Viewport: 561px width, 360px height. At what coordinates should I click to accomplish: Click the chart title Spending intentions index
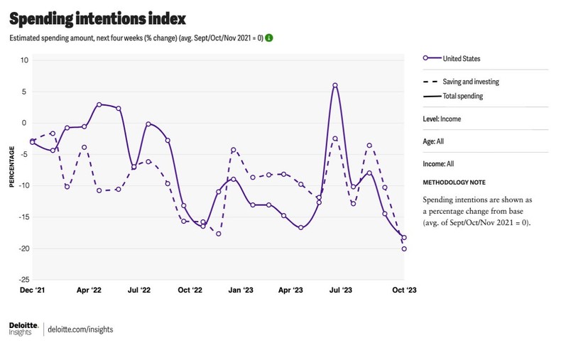click(97, 17)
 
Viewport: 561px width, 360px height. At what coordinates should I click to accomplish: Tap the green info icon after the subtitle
click(269, 38)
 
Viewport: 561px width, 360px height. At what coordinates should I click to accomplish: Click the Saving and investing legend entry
click(470, 82)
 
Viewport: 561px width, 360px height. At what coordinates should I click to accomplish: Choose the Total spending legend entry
click(462, 96)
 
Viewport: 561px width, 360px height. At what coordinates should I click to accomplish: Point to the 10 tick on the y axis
click(23, 60)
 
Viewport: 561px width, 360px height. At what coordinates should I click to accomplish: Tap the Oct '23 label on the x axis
click(404, 290)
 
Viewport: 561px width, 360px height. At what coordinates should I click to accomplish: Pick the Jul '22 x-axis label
click(138, 290)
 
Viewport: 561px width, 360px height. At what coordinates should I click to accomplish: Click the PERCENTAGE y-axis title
click(12, 168)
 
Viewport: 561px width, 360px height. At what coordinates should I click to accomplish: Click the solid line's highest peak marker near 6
click(334, 85)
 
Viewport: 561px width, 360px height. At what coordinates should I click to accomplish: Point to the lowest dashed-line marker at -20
click(404, 249)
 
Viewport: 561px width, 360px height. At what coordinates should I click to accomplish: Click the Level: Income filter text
click(442, 119)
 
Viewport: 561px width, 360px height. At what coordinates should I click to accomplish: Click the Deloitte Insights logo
click(23, 328)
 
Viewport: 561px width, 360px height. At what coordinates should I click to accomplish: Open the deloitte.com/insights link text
click(80, 329)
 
